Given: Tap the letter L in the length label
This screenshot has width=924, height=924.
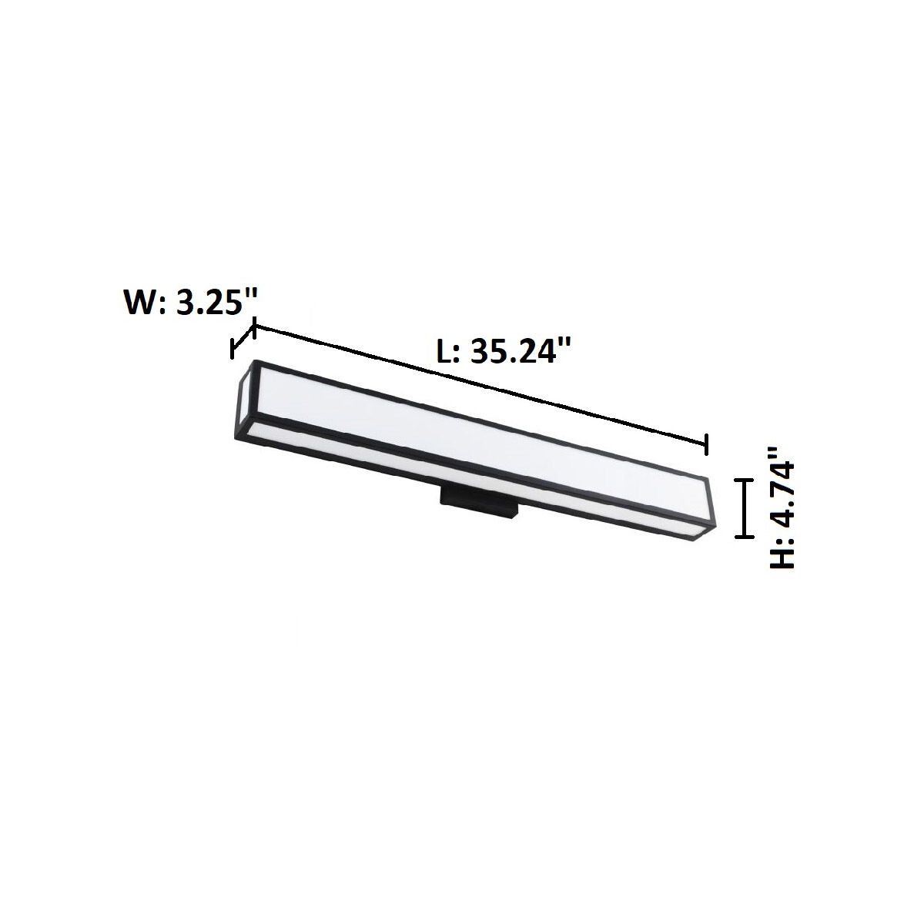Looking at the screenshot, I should pos(445,353).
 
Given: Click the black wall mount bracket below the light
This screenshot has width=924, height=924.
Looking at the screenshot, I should pos(478,505).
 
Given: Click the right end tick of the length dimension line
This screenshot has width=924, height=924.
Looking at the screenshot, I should pos(706,444).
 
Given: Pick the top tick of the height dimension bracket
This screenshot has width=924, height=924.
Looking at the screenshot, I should pos(743,479).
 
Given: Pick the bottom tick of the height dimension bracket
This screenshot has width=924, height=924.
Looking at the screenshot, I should pos(743,537).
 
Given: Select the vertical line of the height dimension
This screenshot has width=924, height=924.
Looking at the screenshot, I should pos(743,508).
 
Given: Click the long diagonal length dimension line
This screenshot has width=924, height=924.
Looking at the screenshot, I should pos(477,385).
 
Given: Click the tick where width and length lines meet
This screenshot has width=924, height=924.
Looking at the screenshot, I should pos(254,329).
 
